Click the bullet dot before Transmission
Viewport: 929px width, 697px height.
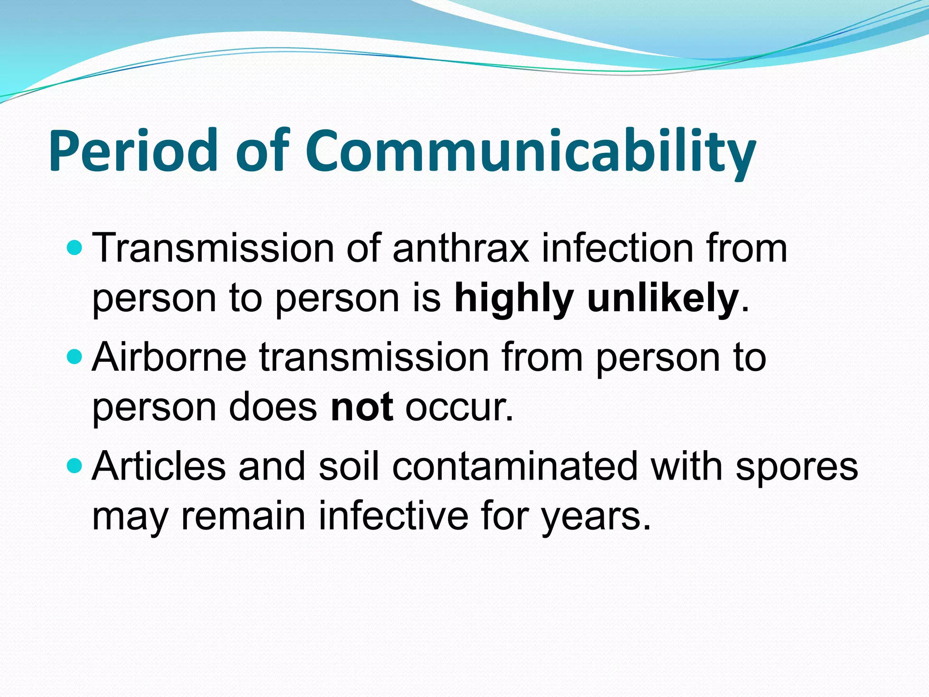[74, 248]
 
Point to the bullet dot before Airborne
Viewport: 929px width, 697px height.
[74, 357]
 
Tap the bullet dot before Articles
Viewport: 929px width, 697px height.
[74, 466]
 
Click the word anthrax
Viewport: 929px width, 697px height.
[461, 248]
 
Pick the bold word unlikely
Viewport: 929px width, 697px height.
[663, 298]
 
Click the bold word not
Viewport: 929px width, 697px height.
[362, 407]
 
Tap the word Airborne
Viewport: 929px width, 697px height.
[169, 357]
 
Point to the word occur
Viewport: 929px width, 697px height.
[458, 407]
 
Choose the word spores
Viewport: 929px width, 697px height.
[797, 467]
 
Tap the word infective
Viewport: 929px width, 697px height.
[393, 516]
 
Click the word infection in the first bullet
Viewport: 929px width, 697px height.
[618, 248]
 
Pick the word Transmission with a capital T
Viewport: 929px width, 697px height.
[213, 248]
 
